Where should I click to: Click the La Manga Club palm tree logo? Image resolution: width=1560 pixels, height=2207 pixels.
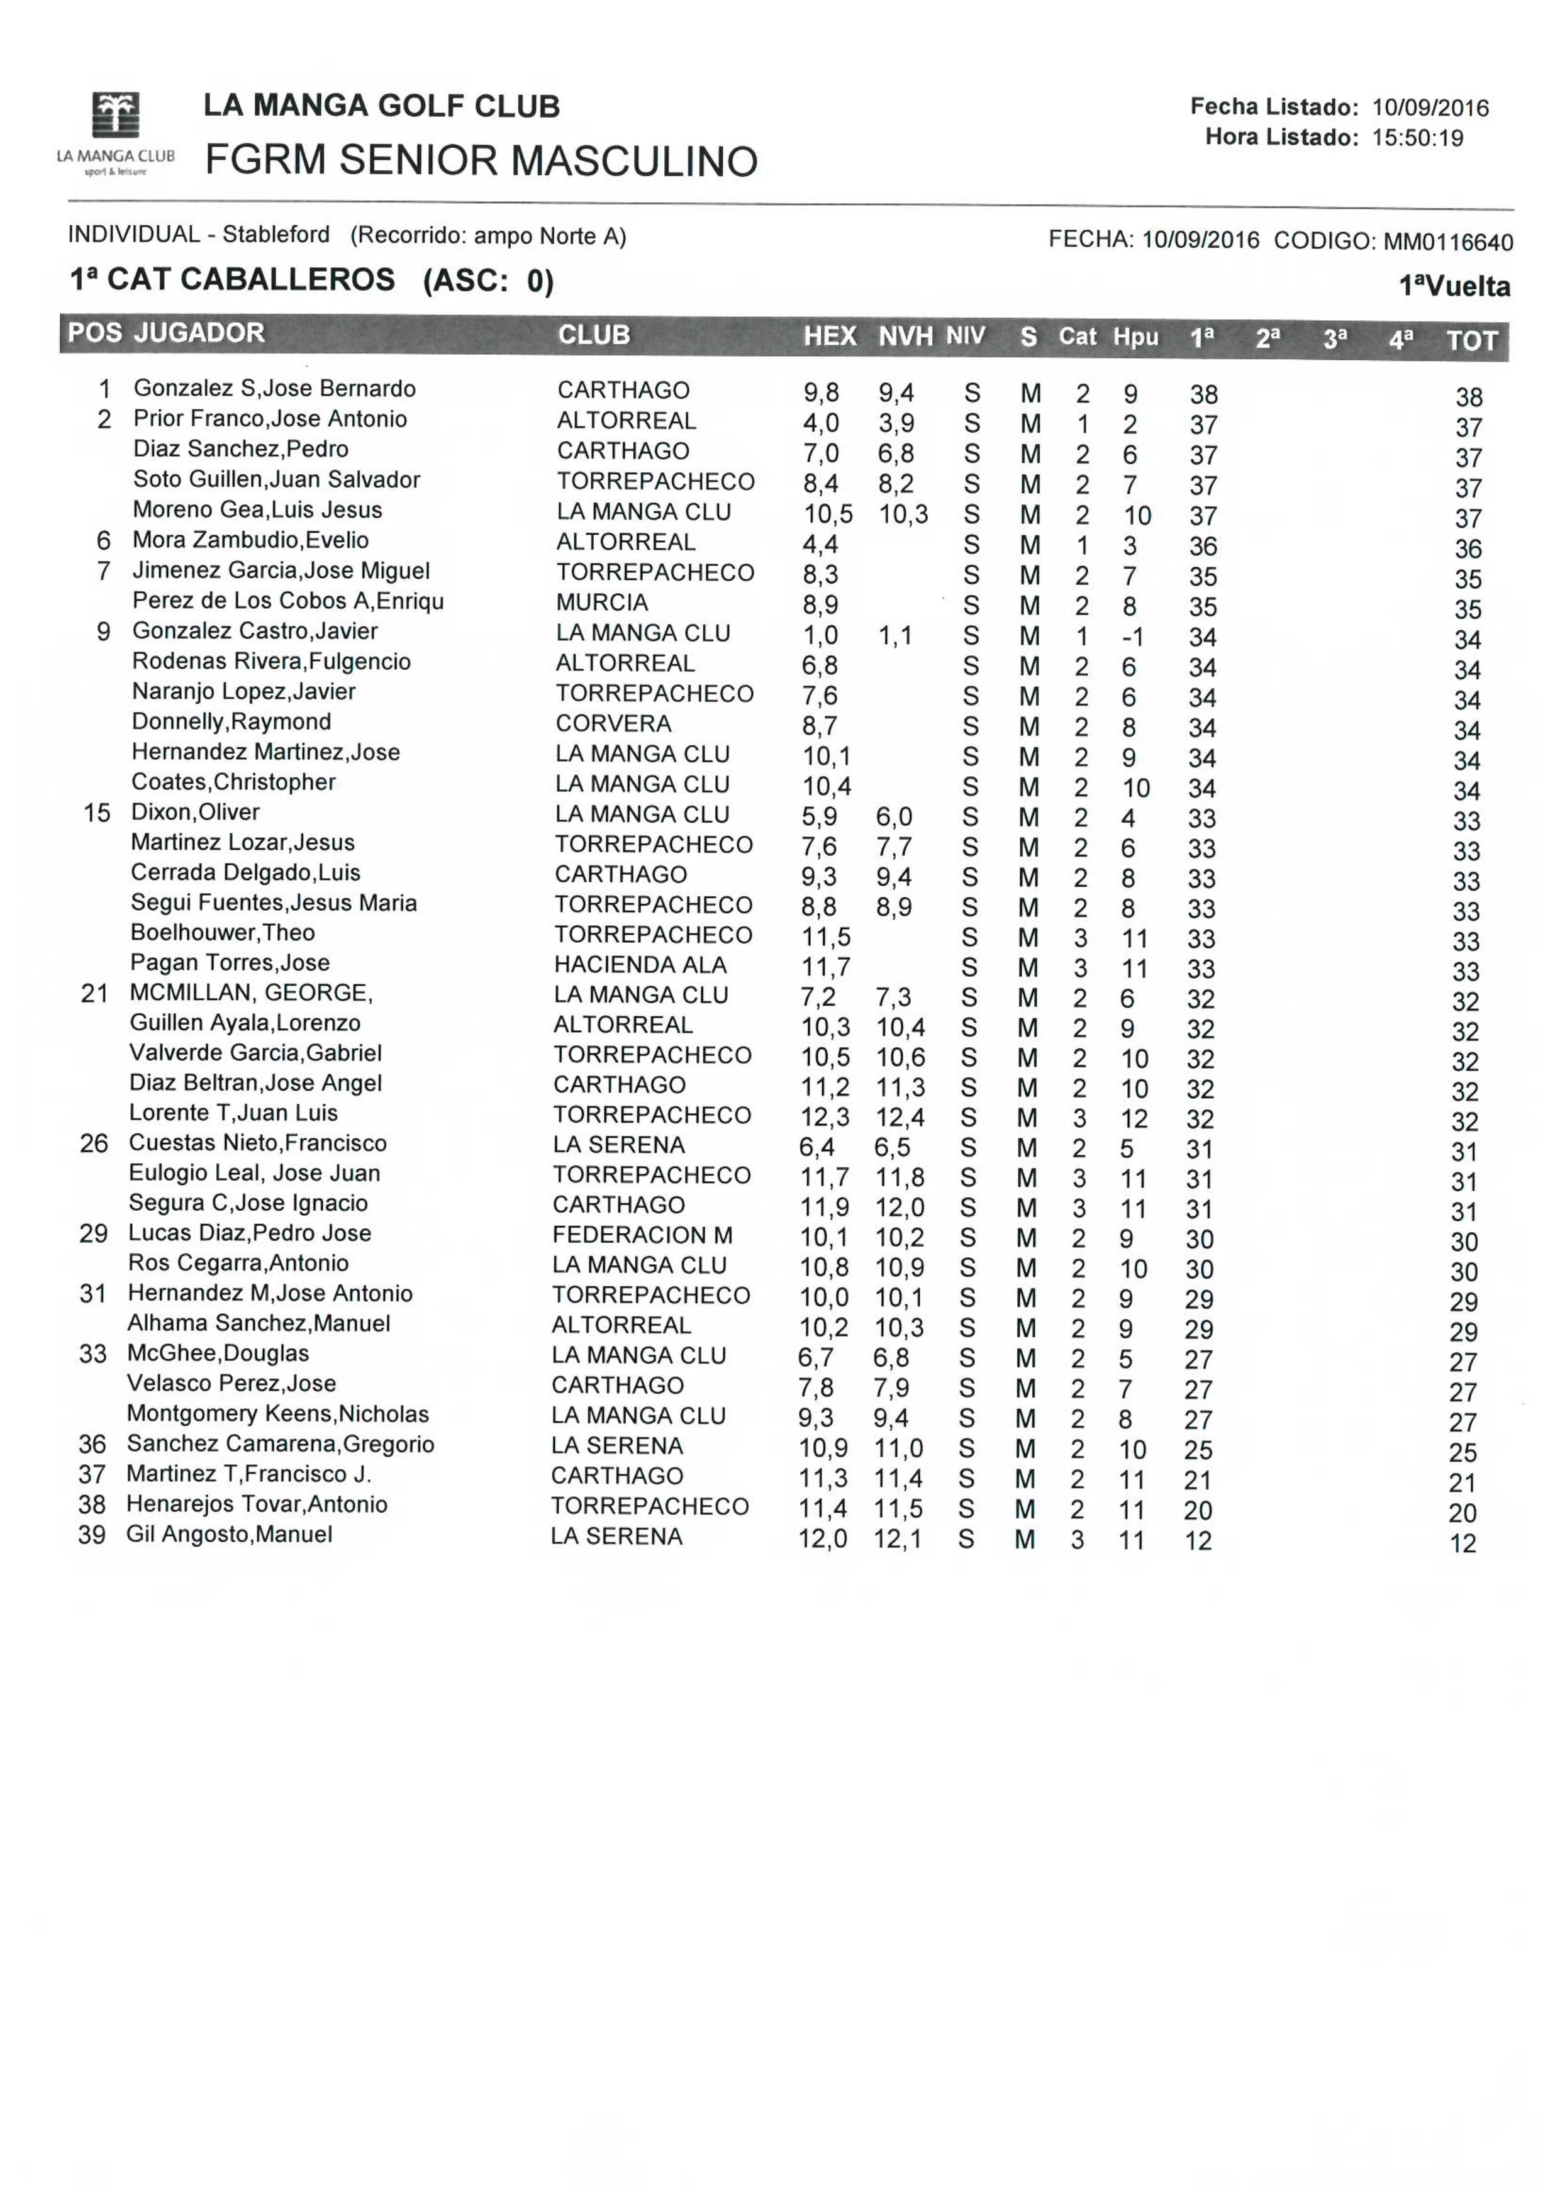coord(115,115)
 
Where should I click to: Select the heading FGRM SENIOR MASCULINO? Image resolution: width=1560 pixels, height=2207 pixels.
coord(481,160)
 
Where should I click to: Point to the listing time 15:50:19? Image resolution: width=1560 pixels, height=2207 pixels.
coord(1417,138)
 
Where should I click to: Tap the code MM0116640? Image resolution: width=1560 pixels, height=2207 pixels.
coord(1447,242)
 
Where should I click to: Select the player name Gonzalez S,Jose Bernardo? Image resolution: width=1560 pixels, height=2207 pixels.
coord(274,388)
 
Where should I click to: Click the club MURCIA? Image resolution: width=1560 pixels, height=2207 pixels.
coord(602,603)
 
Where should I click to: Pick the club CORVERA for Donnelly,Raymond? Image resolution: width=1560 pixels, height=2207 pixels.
coord(613,724)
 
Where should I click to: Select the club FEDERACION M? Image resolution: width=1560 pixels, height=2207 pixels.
coord(642,1235)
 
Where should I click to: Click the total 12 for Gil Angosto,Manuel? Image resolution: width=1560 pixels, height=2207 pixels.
coord(1462,1543)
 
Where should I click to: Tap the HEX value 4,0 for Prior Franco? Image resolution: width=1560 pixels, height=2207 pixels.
coord(821,423)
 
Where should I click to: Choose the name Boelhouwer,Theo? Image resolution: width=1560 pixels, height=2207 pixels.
coord(222,932)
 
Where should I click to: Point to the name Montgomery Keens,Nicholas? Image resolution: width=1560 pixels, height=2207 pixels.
coord(278,1414)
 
